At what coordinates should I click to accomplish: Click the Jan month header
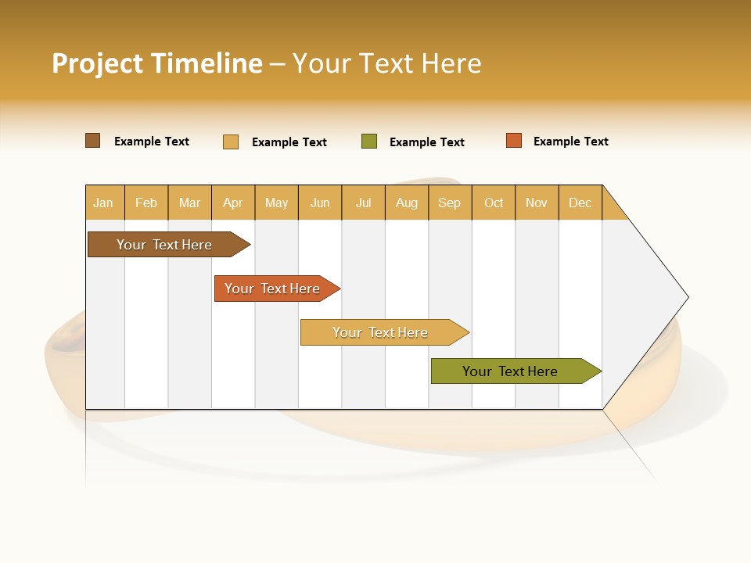(x=104, y=203)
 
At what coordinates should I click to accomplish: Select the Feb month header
(x=146, y=203)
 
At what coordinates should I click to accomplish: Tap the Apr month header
(x=233, y=203)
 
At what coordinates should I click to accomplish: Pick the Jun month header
(x=320, y=203)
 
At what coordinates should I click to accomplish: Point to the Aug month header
(x=407, y=203)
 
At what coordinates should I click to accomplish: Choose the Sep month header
(x=450, y=203)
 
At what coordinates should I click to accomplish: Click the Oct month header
(x=494, y=203)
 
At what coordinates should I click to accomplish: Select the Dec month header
(x=580, y=203)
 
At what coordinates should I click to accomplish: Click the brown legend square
(x=93, y=141)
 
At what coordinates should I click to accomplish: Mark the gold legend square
(x=231, y=142)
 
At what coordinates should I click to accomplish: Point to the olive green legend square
(x=369, y=142)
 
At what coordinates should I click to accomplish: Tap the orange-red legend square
(x=514, y=141)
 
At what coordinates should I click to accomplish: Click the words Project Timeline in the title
(x=156, y=63)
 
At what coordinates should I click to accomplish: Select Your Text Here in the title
(x=386, y=63)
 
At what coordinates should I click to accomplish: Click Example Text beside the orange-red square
(x=570, y=142)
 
